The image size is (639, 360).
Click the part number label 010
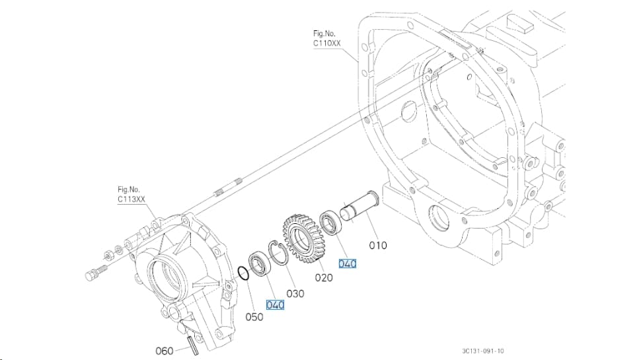click(x=378, y=245)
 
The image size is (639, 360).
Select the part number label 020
click(x=324, y=277)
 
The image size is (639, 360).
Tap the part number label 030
click(x=295, y=294)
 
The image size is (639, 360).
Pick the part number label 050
click(x=254, y=317)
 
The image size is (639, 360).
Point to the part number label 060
click(x=165, y=351)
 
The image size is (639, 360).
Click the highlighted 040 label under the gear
click(x=348, y=264)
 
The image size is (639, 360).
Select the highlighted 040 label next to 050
click(x=275, y=305)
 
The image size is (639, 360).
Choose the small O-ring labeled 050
click(x=243, y=273)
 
